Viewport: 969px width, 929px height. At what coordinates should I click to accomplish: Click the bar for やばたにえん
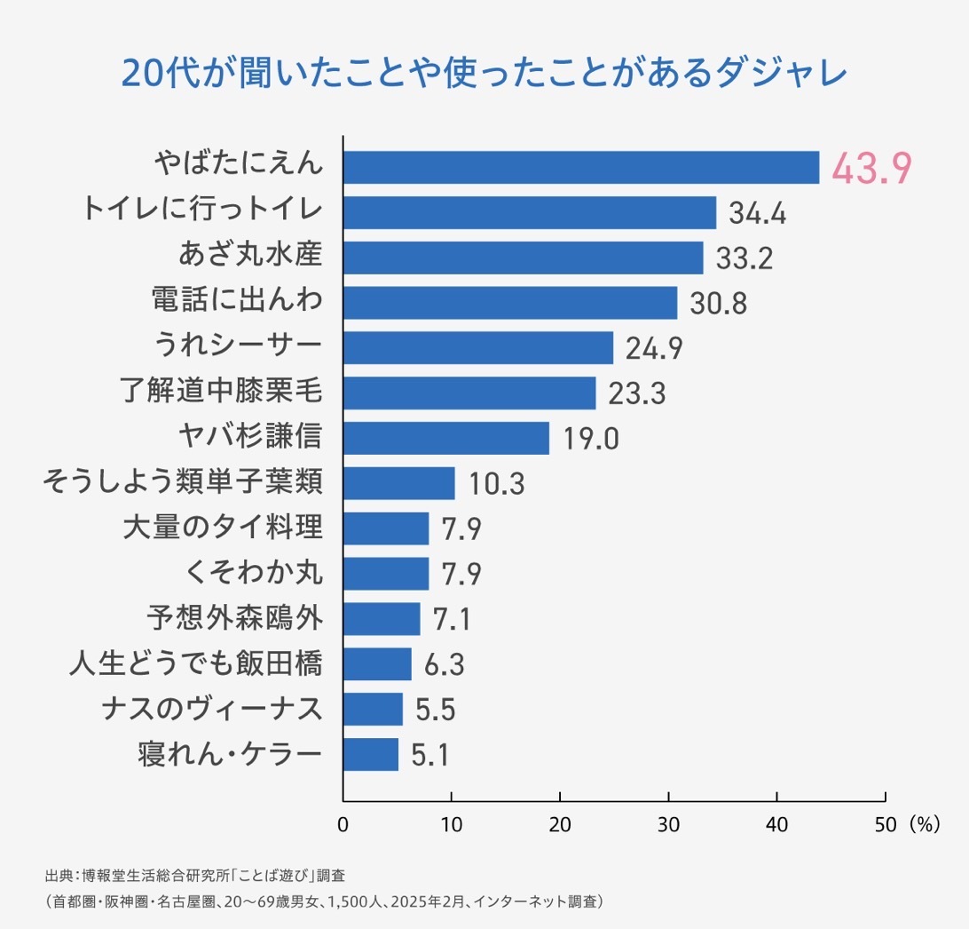581,167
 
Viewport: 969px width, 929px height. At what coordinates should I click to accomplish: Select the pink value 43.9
871,169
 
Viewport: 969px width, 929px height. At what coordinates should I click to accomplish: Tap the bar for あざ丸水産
523,258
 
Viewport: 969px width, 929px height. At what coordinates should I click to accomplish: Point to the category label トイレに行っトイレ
201,211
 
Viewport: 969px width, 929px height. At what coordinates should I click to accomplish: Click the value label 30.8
718,304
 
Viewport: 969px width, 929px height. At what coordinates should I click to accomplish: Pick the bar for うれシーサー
478,348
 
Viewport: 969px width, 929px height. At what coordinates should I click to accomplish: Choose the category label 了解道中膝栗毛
220,392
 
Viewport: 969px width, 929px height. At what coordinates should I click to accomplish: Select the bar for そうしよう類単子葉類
399,483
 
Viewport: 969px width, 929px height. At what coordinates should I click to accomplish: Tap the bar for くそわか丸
386,574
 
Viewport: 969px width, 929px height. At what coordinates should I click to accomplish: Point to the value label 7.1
452,620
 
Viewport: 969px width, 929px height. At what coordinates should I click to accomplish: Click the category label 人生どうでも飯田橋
195,663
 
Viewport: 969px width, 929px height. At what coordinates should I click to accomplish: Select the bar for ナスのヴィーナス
373,710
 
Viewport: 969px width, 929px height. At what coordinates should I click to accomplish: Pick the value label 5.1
429,756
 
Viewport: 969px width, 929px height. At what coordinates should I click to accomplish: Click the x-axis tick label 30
668,823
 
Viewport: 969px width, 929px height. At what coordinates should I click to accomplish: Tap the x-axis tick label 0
343,823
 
